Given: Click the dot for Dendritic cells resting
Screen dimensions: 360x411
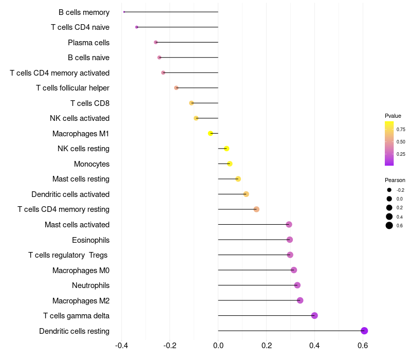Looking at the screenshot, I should coord(364,331).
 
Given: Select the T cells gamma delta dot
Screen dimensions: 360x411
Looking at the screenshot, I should coord(314,316).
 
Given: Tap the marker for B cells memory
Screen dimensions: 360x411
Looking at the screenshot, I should coord(124,12).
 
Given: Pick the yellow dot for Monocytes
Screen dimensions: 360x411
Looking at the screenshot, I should coord(230,164).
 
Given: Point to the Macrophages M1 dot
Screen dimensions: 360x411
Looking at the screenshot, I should coord(210,133).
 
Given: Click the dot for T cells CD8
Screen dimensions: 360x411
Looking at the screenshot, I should coord(192,103).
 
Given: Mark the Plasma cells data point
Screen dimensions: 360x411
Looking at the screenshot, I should coord(156,42).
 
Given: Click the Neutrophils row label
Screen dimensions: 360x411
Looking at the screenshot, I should coord(90,285).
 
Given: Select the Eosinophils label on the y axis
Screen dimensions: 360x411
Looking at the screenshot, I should coord(90,240).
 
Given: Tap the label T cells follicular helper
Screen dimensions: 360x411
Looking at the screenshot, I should coord(72,88).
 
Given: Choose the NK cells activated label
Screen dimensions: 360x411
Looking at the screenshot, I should coord(80,118).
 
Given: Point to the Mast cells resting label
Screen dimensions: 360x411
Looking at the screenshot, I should coord(81,179).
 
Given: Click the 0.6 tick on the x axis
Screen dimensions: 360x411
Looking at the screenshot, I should coord(363,346).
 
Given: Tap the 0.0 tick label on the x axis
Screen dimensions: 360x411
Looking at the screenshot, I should coord(218,346).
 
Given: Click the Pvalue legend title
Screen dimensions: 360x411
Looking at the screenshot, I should coord(393,116).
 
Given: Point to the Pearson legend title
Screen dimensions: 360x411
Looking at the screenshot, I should coord(395,180).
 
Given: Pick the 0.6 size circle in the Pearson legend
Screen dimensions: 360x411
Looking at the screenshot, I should coord(389,225).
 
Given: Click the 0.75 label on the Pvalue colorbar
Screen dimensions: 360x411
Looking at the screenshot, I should coord(401,130).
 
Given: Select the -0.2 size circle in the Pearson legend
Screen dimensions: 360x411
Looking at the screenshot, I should coord(389,190).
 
